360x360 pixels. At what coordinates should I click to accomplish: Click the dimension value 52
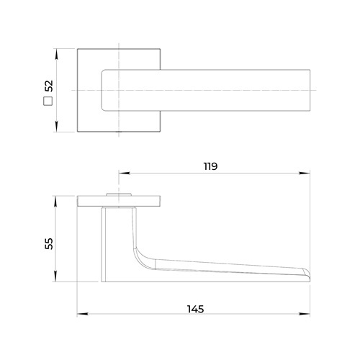49,86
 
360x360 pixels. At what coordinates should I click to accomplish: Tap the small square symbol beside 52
48,101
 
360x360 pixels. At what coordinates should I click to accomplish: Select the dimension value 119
210,166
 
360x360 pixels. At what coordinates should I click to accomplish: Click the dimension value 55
49,243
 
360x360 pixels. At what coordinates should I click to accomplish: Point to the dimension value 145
196,309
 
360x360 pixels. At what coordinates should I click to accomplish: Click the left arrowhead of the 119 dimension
125,173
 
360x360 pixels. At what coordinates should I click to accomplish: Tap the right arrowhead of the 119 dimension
305,173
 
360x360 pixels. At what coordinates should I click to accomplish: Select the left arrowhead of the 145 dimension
83,314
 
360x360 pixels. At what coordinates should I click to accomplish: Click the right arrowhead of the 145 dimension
305,314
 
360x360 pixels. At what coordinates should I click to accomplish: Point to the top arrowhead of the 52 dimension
56,54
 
